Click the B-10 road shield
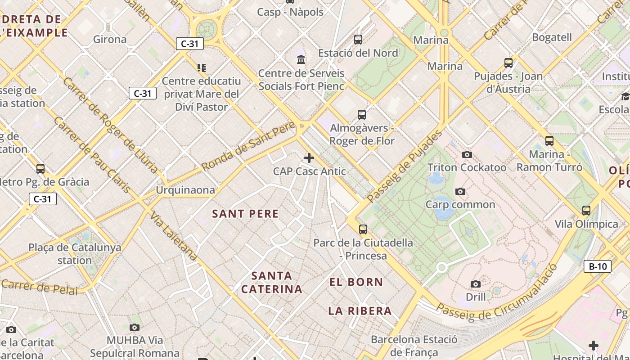pyautogui.click(x=598, y=266)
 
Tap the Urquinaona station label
pyautogui.click(x=185, y=190)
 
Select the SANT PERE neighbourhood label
pyautogui.click(x=245, y=214)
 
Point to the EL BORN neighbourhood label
pyautogui.click(x=356, y=282)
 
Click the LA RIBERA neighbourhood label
pyautogui.click(x=360, y=311)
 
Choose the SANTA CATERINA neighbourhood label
pyautogui.click(x=272, y=282)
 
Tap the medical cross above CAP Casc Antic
pyautogui.click(x=309, y=158)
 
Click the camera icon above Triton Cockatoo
pyautogui.click(x=467, y=155)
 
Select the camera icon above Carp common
pyautogui.click(x=460, y=192)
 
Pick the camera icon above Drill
pyautogui.click(x=476, y=284)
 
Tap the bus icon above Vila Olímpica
pyautogui.click(x=586, y=211)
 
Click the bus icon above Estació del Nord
pyautogui.click(x=358, y=40)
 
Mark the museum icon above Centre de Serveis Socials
pyautogui.click(x=301, y=59)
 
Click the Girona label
pyautogui.click(x=110, y=39)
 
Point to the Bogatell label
pyautogui.click(x=552, y=37)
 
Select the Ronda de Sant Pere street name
pyautogui.click(x=248, y=146)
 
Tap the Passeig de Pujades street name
pyautogui.click(x=405, y=166)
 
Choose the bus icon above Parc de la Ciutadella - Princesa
pyautogui.click(x=363, y=229)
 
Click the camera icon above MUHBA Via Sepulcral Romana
pyautogui.click(x=134, y=327)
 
